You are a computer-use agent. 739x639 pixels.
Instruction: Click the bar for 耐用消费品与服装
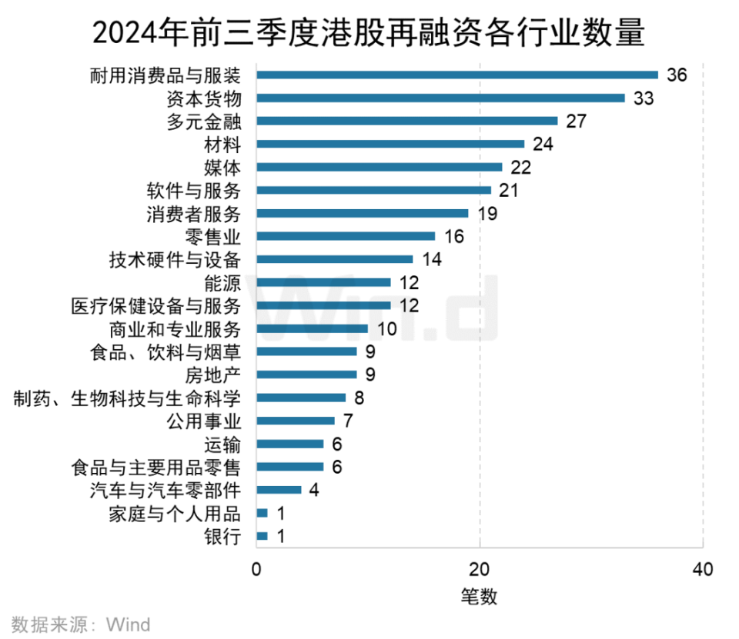[x=457, y=75]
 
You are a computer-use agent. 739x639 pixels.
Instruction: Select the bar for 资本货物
[x=440, y=98]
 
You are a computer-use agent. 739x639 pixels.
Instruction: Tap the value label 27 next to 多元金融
[x=577, y=121]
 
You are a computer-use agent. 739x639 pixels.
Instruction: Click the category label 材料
[x=223, y=144]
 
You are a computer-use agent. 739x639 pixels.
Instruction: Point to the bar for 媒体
[x=379, y=167]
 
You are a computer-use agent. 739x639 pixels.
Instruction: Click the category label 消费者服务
[x=193, y=213]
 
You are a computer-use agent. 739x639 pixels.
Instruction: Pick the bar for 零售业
[x=346, y=236]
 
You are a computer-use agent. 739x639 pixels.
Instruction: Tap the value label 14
[x=431, y=259]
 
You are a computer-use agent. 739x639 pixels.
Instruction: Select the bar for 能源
[x=323, y=282]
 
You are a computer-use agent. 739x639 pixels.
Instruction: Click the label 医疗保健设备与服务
[x=155, y=305]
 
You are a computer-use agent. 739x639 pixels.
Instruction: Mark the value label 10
[x=386, y=328]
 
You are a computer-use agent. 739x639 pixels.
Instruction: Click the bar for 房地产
[x=306, y=374]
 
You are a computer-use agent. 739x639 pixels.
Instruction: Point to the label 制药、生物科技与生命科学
[x=128, y=398]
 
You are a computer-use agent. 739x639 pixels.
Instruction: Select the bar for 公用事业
[x=296, y=421]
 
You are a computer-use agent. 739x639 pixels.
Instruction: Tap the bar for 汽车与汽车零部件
[x=279, y=490]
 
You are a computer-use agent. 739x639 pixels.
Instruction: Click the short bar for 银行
[x=262, y=536]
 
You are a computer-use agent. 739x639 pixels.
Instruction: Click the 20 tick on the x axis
[x=480, y=570]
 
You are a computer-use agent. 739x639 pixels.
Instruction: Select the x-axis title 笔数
[x=480, y=596]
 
